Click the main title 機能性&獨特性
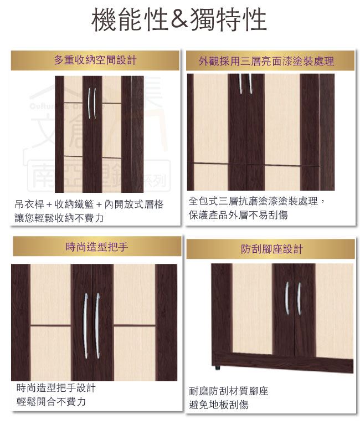(179, 20)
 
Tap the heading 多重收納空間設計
(95, 60)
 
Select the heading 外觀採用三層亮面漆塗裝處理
(266, 61)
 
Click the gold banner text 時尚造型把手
(97, 246)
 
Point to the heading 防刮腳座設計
(271, 249)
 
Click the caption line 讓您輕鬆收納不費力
(59, 218)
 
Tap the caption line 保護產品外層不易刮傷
(238, 215)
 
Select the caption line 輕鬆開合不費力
(51, 401)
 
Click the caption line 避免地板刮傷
(219, 405)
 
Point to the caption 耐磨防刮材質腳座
(229, 391)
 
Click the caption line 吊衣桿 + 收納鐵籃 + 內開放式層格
(89, 204)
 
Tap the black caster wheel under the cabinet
(217, 368)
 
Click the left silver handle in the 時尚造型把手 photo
(85, 326)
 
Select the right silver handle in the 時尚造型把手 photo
(97, 326)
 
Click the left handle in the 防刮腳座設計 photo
(287, 298)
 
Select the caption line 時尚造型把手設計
(56, 388)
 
